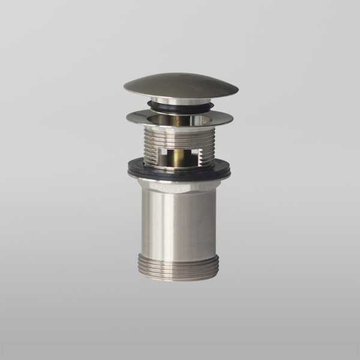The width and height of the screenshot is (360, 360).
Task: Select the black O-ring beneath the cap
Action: (180, 108)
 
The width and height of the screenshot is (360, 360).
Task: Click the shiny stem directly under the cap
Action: (180, 101)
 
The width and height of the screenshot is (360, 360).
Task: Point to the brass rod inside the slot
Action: (180, 157)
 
